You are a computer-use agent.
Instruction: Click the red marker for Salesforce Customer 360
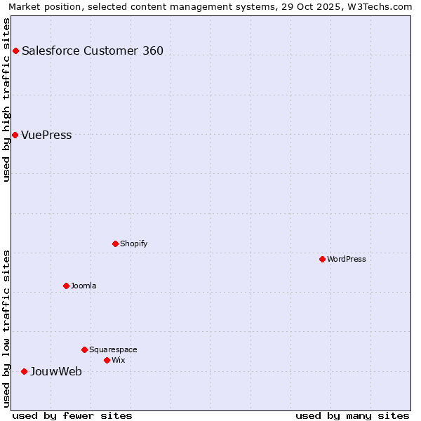(15, 51)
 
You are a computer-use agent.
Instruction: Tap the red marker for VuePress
(15, 135)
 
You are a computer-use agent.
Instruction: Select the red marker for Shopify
(116, 243)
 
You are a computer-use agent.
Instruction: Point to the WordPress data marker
(322, 259)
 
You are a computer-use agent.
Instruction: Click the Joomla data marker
(67, 286)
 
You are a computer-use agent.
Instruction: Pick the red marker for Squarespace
(85, 349)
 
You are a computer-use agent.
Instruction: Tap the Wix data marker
(107, 360)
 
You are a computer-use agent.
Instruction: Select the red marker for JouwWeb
(24, 371)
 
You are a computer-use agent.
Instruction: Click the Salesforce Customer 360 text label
(93, 51)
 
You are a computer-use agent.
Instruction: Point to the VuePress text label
(46, 135)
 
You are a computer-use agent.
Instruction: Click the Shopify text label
(133, 243)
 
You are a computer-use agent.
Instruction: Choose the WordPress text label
(347, 259)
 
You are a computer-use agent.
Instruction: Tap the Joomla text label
(83, 286)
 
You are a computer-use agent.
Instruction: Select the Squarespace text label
(113, 349)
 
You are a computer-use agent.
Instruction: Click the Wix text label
(118, 360)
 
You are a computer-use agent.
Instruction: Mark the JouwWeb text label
(55, 371)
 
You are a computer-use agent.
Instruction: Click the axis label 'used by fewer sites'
(72, 415)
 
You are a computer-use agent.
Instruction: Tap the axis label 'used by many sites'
(352, 415)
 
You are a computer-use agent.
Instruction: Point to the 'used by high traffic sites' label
(7, 100)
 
